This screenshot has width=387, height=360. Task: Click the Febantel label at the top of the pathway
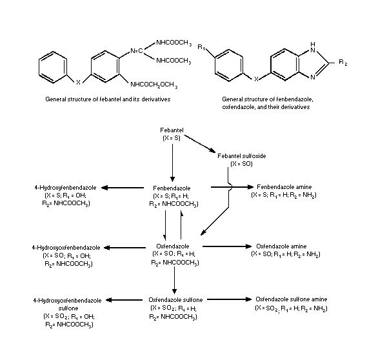point(172,130)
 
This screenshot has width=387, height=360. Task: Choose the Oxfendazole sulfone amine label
point(285,299)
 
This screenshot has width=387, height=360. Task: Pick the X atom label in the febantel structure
point(79,83)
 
